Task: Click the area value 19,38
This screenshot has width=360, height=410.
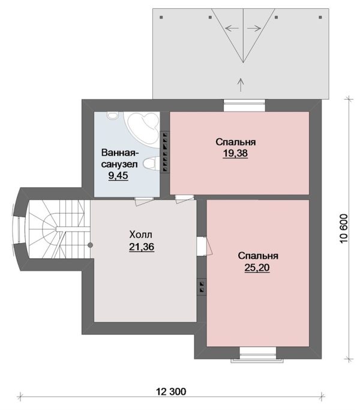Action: [x=235, y=153]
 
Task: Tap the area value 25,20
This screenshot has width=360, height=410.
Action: [x=257, y=268]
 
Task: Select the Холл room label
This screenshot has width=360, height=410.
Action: [x=140, y=235]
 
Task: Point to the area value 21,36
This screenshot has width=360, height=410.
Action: [x=142, y=247]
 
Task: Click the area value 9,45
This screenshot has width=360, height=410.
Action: [x=118, y=175]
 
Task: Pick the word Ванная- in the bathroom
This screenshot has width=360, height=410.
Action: [x=120, y=152]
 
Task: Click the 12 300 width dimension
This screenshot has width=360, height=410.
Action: [x=171, y=391]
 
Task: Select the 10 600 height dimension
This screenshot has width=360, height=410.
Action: [x=344, y=229]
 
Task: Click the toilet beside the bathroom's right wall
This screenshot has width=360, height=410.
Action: [x=152, y=163]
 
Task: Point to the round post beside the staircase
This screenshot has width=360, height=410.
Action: [x=90, y=245]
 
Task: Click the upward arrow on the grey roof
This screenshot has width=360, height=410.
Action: [x=241, y=85]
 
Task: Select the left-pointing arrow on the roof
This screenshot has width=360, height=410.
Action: [x=232, y=28]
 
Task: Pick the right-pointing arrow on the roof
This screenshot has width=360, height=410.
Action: [x=254, y=28]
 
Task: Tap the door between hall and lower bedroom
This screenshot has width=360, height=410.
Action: [x=205, y=246]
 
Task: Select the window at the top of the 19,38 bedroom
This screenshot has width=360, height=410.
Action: [x=244, y=106]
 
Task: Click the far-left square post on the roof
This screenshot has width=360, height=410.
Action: [x=161, y=17]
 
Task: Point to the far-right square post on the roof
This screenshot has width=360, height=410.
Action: [x=320, y=17]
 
